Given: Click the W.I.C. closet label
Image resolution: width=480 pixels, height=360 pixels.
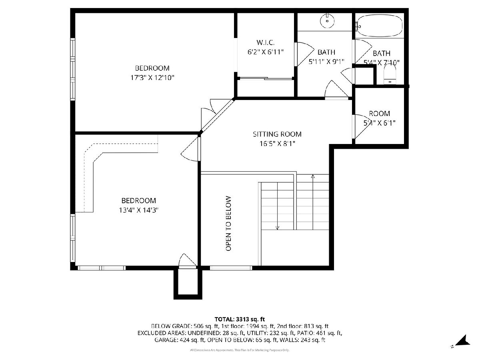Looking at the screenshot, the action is tap(265, 42).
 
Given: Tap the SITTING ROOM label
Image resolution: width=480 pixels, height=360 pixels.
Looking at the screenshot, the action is tap(277, 134).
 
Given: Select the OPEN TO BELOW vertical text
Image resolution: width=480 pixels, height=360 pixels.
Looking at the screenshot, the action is tap(228, 224).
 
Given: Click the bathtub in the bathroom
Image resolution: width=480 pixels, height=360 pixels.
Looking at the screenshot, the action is tap(380, 25).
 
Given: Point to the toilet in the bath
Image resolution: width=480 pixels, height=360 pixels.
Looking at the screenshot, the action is tap(390, 75).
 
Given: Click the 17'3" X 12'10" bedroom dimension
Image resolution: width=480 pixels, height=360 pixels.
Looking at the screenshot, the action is tap(152, 78).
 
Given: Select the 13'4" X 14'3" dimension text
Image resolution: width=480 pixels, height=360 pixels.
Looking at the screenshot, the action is tap(139, 210).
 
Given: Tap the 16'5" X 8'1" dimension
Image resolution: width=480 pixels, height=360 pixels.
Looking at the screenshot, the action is tap(277, 144).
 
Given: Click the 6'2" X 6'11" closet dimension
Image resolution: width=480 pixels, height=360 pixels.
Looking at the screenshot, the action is tap(266, 52).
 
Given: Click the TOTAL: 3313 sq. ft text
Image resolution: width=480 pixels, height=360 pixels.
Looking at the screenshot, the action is tap(240, 319).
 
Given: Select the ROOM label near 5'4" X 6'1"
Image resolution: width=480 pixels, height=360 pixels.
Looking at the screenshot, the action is tap(380, 114).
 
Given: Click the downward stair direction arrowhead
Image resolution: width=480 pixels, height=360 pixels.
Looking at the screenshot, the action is tap(277, 228).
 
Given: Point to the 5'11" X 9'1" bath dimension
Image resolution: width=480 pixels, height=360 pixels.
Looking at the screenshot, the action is tap(326, 62).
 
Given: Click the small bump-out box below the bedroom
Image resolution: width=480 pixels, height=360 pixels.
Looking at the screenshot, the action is tap(188, 283).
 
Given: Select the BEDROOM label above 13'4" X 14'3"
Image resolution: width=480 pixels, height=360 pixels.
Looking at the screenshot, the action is tap(139, 200).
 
